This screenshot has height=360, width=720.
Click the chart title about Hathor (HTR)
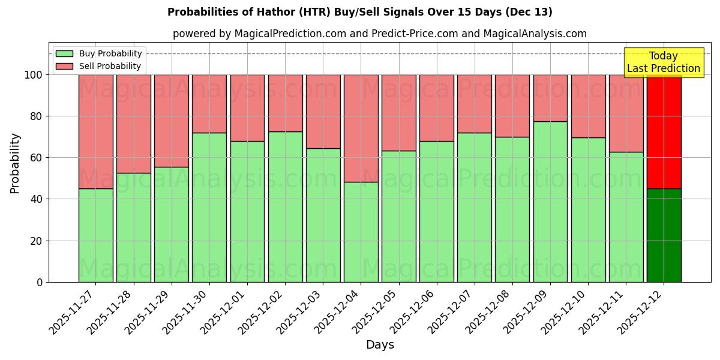coord(360,12)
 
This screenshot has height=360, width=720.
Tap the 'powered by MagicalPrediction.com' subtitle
coord(379,34)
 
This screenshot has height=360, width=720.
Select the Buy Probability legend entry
coord(98,53)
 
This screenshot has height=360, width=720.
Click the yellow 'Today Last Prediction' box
coord(664,62)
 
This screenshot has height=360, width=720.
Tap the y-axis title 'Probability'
coord(15,163)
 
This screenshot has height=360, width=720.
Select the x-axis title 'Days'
coord(380,345)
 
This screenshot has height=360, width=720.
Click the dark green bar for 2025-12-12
coord(664,235)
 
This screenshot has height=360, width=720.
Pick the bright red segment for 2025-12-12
coord(664,132)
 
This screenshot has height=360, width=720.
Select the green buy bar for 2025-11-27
coord(95,235)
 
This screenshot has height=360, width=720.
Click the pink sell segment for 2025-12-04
coord(361,128)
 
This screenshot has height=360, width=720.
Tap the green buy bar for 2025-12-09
coord(550,202)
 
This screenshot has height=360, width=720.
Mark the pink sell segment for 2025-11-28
coord(133,124)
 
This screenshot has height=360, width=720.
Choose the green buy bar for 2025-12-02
coord(285,206)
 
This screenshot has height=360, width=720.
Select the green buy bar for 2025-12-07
coord(474,207)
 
